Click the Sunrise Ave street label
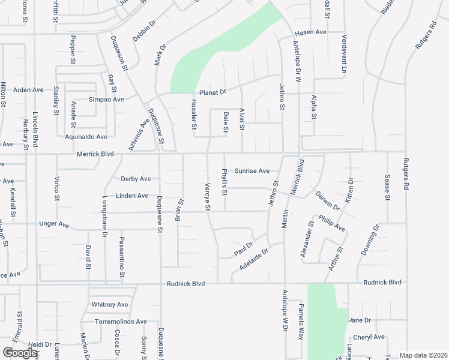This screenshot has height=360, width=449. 252,171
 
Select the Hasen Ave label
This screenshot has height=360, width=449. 310,32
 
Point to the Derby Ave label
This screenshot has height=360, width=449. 136,179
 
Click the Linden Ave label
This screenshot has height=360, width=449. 132,196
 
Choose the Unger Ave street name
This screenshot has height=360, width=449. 54,224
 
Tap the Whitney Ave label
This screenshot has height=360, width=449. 110,305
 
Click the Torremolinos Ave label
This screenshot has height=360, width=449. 119,322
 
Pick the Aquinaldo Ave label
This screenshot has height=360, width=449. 86,137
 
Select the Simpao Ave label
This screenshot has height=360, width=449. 106,100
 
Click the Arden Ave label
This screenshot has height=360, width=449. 29,90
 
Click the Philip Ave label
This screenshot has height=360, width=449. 331,223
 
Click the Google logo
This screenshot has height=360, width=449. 20,353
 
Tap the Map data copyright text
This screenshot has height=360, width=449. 423,355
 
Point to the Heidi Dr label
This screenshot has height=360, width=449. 40,344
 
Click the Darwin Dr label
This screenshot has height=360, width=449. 328,200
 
